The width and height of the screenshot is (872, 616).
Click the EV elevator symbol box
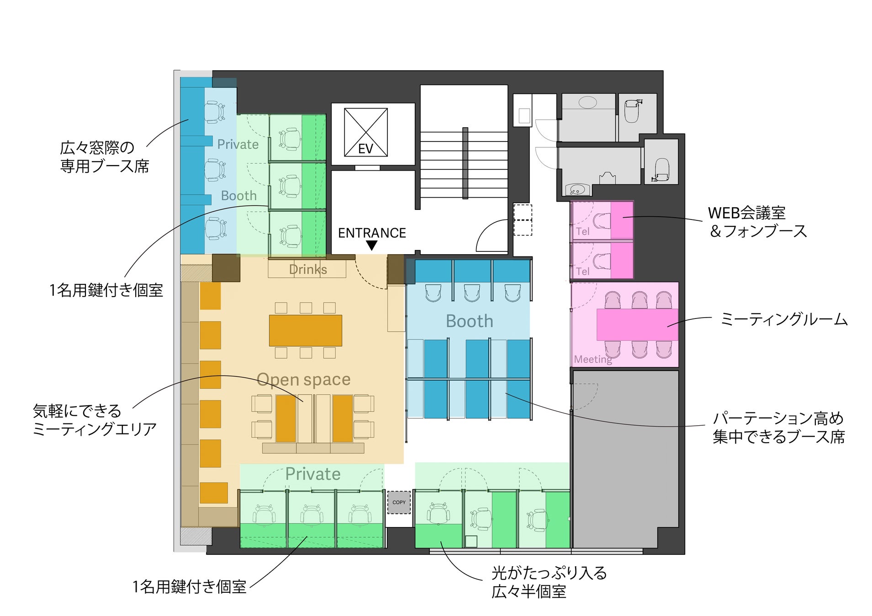pos(365,132)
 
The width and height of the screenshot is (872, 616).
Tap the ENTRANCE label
pos(372,233)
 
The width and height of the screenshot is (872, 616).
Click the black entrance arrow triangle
pos(372,245)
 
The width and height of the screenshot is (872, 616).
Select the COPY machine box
pos(399,502)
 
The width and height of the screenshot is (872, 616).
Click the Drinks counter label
pos(308,269)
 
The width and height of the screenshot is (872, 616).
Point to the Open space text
pos(304,379)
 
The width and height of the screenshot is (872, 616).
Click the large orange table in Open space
pos(306,330)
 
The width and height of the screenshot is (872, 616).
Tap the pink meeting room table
pos(637,324)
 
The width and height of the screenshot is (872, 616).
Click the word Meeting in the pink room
pos(593,359)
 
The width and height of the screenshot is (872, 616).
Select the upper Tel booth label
pos(583,231)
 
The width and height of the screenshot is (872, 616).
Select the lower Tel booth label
pos(583,271)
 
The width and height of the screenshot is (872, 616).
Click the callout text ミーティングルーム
pos(784,319)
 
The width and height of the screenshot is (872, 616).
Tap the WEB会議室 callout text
pos(747,213)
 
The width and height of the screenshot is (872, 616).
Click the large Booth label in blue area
pos(469,321)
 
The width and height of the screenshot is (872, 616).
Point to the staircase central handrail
pos(465,163)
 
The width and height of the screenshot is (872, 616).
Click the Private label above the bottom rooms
pos(313,474)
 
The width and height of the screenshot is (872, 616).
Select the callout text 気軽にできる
pos(77,411)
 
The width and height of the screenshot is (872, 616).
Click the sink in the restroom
pos(577,189)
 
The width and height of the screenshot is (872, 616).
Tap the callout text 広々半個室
pos(529,591)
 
